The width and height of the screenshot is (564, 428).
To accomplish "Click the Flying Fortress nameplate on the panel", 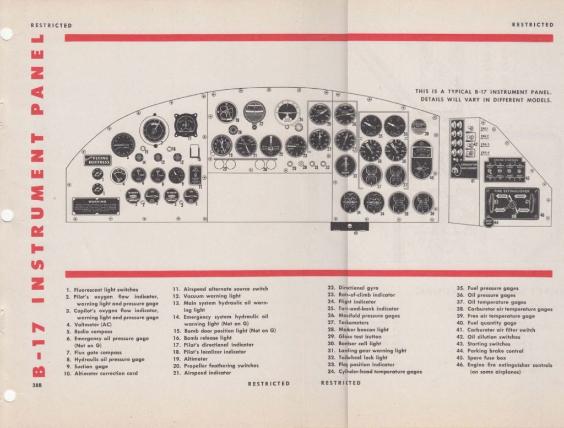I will click(97, 160).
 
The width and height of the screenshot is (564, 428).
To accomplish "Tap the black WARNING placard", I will click(97, 206).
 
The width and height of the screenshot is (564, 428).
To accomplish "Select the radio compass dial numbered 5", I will click(123, 145).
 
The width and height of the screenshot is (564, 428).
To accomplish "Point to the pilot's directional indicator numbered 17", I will click(186, 125).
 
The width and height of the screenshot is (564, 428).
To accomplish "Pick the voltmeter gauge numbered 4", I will click(118, 175).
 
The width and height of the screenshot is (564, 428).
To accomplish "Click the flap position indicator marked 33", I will click(345, 165).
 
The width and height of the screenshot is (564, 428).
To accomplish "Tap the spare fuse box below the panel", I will click(348, 227).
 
